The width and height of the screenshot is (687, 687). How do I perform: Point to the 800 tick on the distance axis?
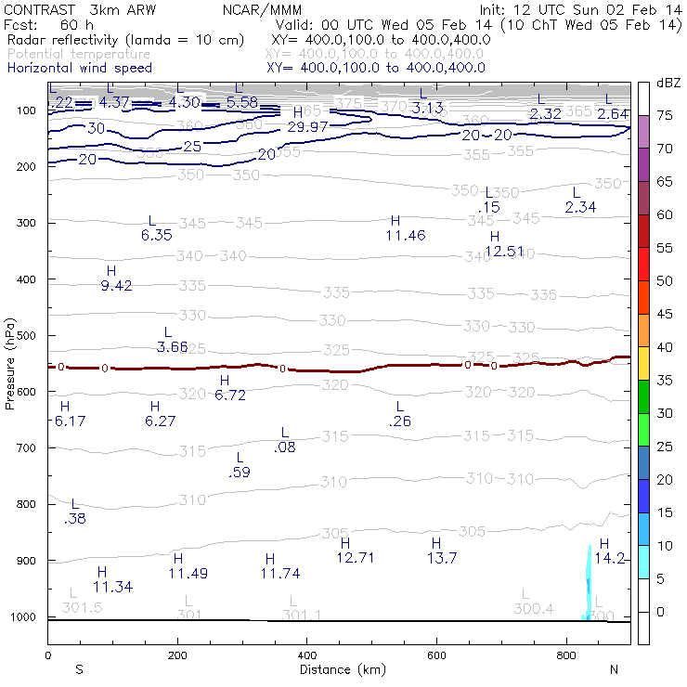coord(566,655)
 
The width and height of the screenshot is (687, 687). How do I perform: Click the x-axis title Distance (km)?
coord(339,669)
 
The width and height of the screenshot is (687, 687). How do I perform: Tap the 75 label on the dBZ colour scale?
coord(665,116)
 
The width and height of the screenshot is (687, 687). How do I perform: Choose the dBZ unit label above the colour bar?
coord(668,83)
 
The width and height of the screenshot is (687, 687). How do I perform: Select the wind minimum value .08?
coord(285,447)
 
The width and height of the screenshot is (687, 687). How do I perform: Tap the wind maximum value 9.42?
coord(116,285)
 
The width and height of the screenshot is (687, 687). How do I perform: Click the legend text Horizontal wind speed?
coord(79,68)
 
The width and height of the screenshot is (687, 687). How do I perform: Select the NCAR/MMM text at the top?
coord(275,9)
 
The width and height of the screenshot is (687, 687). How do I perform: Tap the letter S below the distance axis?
coord(80,669)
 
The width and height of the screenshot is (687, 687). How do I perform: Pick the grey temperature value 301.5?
coord(82,607)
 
